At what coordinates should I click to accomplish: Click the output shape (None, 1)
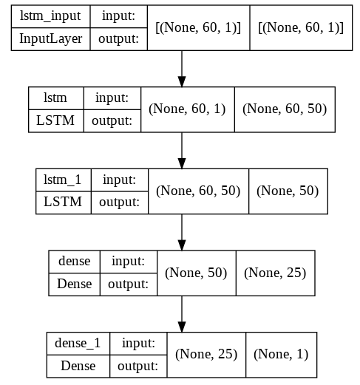tap(282, 355)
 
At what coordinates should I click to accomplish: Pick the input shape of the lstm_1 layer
tap(198, 191)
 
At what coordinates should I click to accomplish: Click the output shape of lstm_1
tap(287, 191)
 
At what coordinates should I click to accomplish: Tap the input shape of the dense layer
tap(196, 273)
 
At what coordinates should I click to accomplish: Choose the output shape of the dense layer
tap(275, 273)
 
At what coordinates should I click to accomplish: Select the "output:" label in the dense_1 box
tap(137, 365)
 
